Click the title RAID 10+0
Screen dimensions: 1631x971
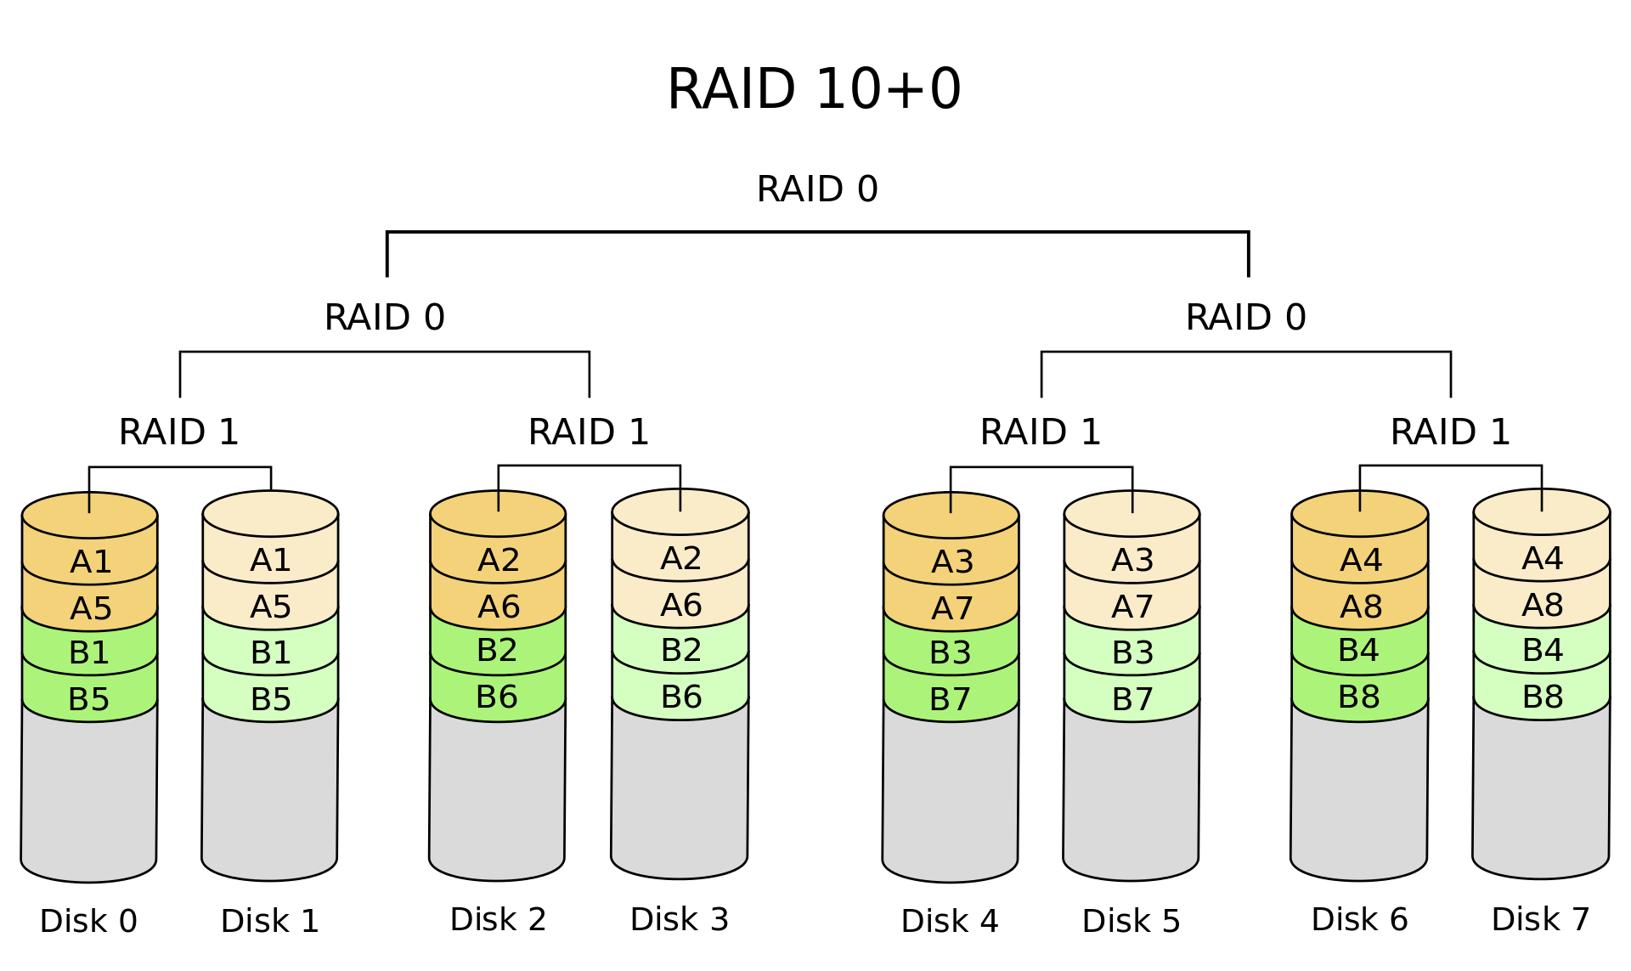pyautogui.click(x=814, y=89)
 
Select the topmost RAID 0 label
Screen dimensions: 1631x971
pyautogui.click(x=817, y=189)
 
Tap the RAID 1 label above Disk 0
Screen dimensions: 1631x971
pyautogui.click(x=178, y=432)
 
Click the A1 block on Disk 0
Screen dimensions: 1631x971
pyautogui.click(x=90, y=562)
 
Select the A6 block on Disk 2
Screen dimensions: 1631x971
pyautogui.click(x=499, y=607)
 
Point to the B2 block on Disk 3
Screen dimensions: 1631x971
pyautogui.click(x=680, y=650)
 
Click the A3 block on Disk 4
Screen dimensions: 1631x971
pyautogui.click(x=951, y=562)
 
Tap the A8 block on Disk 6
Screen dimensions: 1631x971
pyautogui.click(x=1360, y=607)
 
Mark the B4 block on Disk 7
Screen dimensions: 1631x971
pyautogui.click(x=1542, y=650)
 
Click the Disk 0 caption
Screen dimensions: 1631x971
pyautogui.click(x=88, y=921)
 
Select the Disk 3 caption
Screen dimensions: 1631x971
pyautogui.click(x=680, y=919)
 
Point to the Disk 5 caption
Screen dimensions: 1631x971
pyautogui.click(x=1132, y=921)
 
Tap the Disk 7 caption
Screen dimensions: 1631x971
pyautogui.click(x=1541, y=919)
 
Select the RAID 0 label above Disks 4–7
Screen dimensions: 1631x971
pyautogui.click(x=1245, y=318)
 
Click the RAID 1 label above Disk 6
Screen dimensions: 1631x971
pyautogui.click(x=1450, y=432)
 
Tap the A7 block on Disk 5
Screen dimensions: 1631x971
pyautogui.click(x=1132, y=607)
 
